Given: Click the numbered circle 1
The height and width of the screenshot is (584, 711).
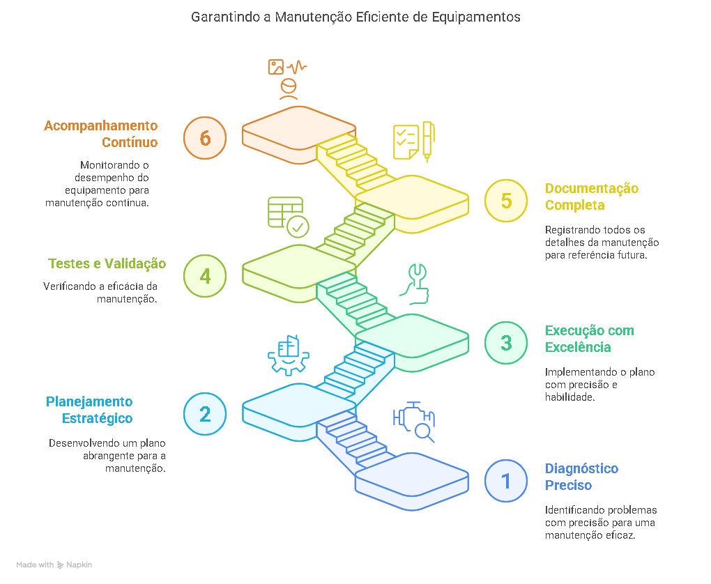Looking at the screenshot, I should pyautogui.click(x=506, y=481).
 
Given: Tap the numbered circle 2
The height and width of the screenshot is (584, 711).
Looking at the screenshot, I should pyautogui.click(x=205, y=414).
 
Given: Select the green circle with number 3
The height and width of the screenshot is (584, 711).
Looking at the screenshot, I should pyautogui.click(x=506, y=343).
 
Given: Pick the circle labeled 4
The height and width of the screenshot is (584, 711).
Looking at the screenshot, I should pyautogui.click(x=205, y=276).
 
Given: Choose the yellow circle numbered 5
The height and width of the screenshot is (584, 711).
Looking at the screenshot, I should pyautogui.click(x=506, y=201).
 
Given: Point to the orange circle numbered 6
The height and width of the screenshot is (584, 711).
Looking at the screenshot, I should pyautogui.click(x=205, y=138).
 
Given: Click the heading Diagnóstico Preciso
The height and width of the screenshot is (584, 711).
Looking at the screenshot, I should pyautogui.click(x=581, y=477).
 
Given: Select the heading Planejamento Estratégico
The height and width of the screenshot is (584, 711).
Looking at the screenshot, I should pyautogui.click(x=89, y=410).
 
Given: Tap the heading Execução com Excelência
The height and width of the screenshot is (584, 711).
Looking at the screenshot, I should pyautogui.click(x=589, y=339).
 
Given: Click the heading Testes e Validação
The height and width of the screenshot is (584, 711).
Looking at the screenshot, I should pyautogui.click(x=107, y=263).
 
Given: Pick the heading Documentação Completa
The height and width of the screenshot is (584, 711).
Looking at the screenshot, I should pyautogui.click(x=591, y=197).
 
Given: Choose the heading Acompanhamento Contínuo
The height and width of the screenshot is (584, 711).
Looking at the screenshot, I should pyautogui.click(x=101, y=134).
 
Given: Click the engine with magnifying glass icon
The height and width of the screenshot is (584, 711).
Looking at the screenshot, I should pyautogui.click(x=415, y=422).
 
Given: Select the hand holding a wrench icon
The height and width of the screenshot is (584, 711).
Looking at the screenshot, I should pyautogui.click(x=415, y=284).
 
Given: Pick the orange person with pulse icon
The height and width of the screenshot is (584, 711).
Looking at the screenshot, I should pyautogui.click(x=287, y=78).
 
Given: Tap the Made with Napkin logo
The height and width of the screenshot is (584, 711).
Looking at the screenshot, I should pyautogui.click(x=54, y=564).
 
